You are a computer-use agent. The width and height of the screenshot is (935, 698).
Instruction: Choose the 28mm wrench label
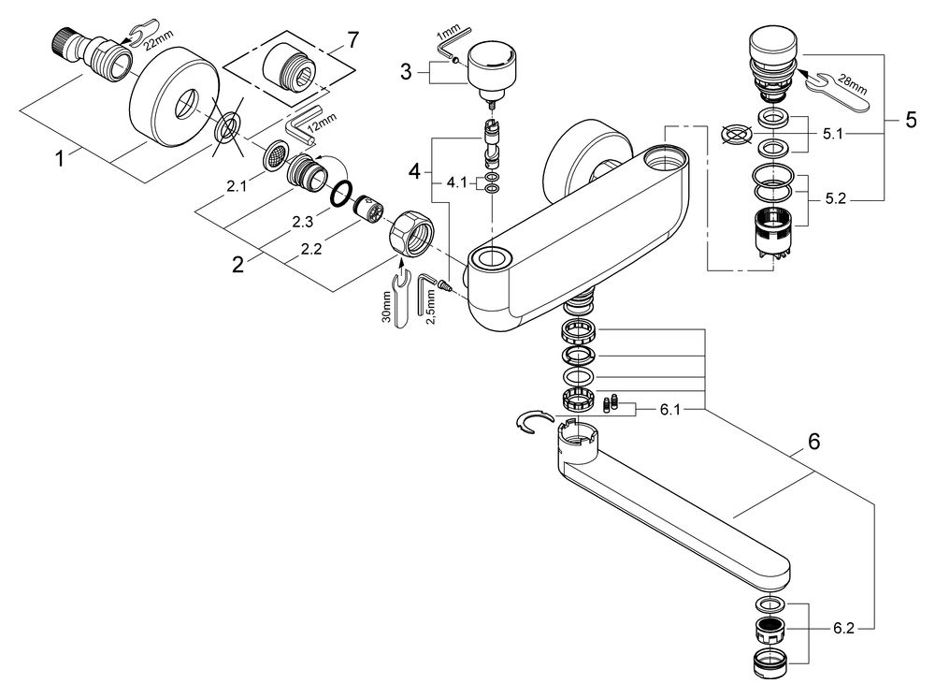click(x=855, y=83)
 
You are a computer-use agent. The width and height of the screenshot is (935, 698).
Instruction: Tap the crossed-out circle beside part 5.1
click(x=736, y=135)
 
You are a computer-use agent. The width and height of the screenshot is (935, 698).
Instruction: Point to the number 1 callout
click(x=60, y=159)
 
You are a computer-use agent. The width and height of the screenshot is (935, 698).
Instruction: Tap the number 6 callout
click(x=813, y=444)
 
